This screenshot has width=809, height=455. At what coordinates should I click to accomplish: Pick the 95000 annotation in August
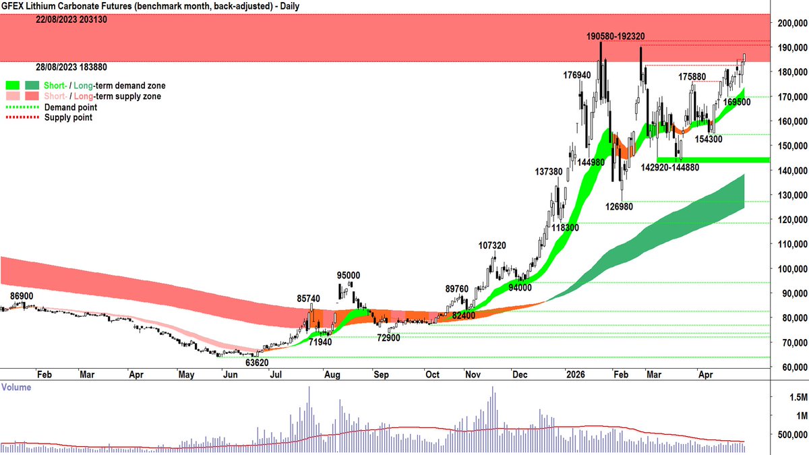(x=349, y=275)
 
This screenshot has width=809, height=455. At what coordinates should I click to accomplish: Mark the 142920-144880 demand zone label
(x=676, y=166)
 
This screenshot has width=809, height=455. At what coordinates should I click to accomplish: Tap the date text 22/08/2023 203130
(x=72, y=20)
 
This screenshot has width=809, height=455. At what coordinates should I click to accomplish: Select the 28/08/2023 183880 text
(x=72, y=67)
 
